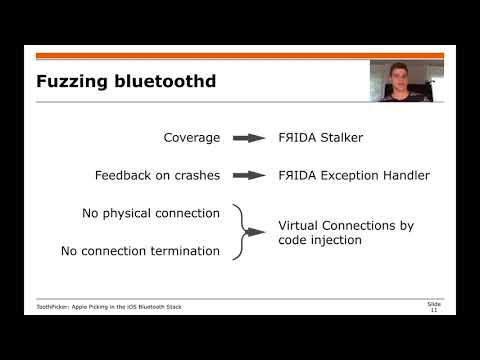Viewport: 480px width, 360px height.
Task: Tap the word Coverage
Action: [x=191, y=138]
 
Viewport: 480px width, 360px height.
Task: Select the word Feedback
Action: [x=123, y=176]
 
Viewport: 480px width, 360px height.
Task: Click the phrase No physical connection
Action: [x=150, y=213]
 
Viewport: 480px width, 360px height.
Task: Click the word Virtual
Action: [x=299, y=225]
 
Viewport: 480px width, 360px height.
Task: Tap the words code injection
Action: [x=319, y=240]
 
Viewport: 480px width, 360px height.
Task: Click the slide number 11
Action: [x=433, y=312]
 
